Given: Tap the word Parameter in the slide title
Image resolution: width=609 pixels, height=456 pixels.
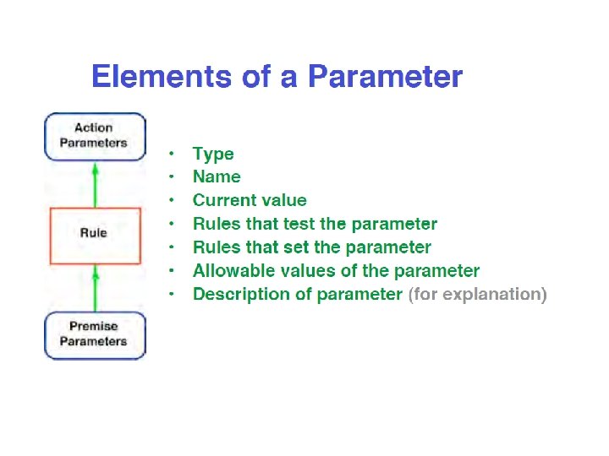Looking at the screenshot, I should point(385,78).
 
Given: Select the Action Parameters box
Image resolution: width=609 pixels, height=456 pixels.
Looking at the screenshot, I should point(94,136).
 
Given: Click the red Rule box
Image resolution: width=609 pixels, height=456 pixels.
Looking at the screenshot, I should point(94,233).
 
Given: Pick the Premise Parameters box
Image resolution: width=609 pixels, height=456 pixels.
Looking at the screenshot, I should point(94,334).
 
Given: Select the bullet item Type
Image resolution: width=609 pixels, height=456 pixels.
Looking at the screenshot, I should point(213,154).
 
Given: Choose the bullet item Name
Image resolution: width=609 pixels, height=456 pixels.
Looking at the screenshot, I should point(217,176).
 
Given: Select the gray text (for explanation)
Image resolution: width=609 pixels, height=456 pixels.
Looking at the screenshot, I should point(477,295).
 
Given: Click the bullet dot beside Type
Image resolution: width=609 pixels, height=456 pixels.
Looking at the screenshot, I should point(172,154).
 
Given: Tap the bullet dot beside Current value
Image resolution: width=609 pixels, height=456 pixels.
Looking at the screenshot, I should point(172,200).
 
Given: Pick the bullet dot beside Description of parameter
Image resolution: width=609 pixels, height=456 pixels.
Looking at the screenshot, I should point(172,294).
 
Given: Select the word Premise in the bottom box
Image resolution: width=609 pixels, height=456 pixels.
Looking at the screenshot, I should point(94,326).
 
